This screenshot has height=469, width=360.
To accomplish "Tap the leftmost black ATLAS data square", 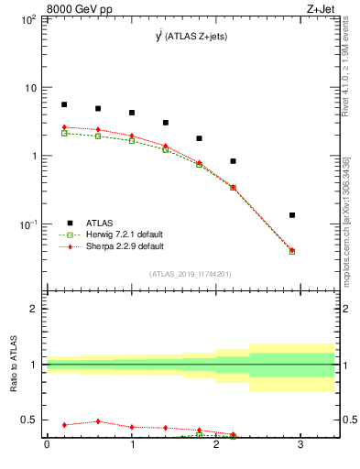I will [x=64, y=104].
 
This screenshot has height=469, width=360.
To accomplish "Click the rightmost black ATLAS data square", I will [x=292, y=215].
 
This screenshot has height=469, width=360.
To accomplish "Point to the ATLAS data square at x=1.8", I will [x=199, y=138].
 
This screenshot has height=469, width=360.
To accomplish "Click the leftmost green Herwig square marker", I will [x=64, y=133].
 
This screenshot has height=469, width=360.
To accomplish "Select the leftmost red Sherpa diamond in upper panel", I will [x=64, y=127].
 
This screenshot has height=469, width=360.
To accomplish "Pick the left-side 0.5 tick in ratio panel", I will [x=32, y=420].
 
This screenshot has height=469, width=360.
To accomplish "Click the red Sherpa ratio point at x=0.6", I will [x=98, y=421].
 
